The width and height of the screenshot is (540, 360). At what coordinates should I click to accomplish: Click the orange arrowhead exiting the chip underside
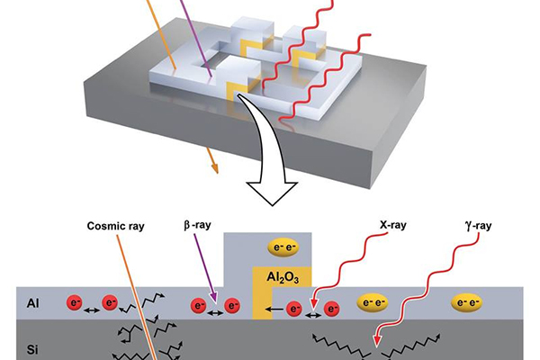click(x=214, y=166)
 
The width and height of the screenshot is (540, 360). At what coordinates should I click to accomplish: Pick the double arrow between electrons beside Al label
click(x=90, y=305)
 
